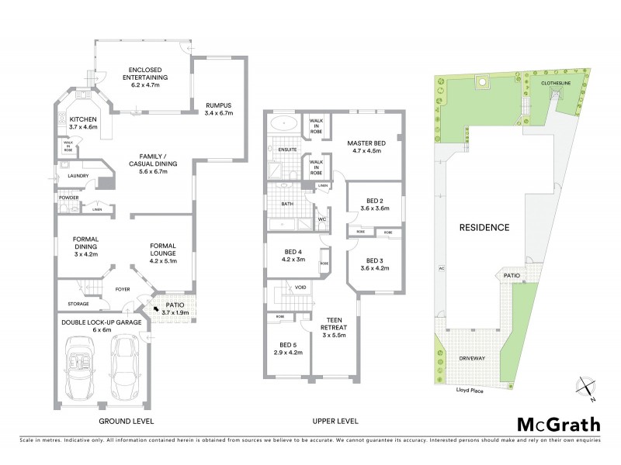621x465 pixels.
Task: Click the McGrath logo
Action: pos(558,424)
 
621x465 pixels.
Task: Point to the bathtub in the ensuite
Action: pos(284,123)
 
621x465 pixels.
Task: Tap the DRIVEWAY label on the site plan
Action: pos(471,359)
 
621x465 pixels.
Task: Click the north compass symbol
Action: pos(585,385)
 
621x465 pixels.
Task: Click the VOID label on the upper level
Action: pos(300,288)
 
